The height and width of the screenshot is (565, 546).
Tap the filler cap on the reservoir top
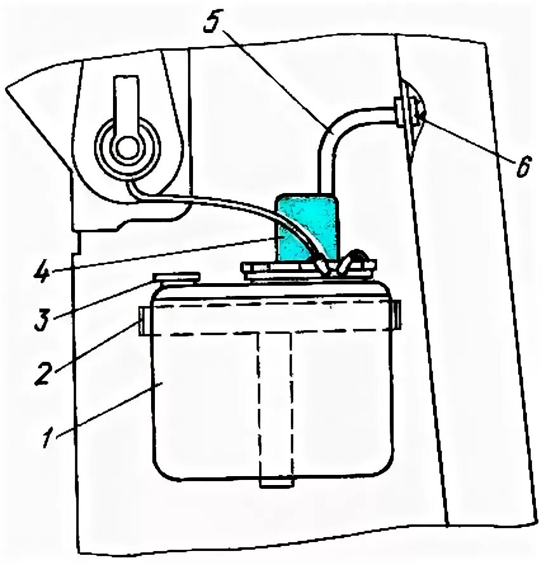[x=177, y=277]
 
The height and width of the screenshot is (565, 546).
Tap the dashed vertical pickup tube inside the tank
[x=275, y=406]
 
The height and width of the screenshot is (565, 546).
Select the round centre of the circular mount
[x=127, y=147]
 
